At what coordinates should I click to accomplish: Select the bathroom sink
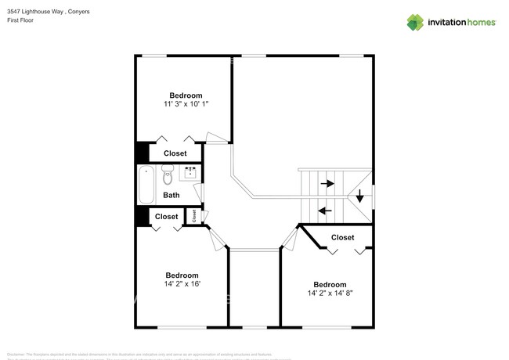[190, 174]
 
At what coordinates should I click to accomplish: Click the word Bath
[171, 195]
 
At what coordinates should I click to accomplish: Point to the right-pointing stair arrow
[327, 184]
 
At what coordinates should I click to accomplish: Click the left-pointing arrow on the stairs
[325, 210]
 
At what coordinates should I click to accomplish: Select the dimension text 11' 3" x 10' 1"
[186, 104]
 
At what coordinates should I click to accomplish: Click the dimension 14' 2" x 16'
[182, 285]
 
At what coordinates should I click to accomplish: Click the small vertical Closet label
[193, 216]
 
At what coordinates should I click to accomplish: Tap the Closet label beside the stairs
[342, 237]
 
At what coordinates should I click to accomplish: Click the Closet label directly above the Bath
[175, 153]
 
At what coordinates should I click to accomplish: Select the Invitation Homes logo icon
[416, 22]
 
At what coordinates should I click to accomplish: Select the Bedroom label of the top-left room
[186, 95]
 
